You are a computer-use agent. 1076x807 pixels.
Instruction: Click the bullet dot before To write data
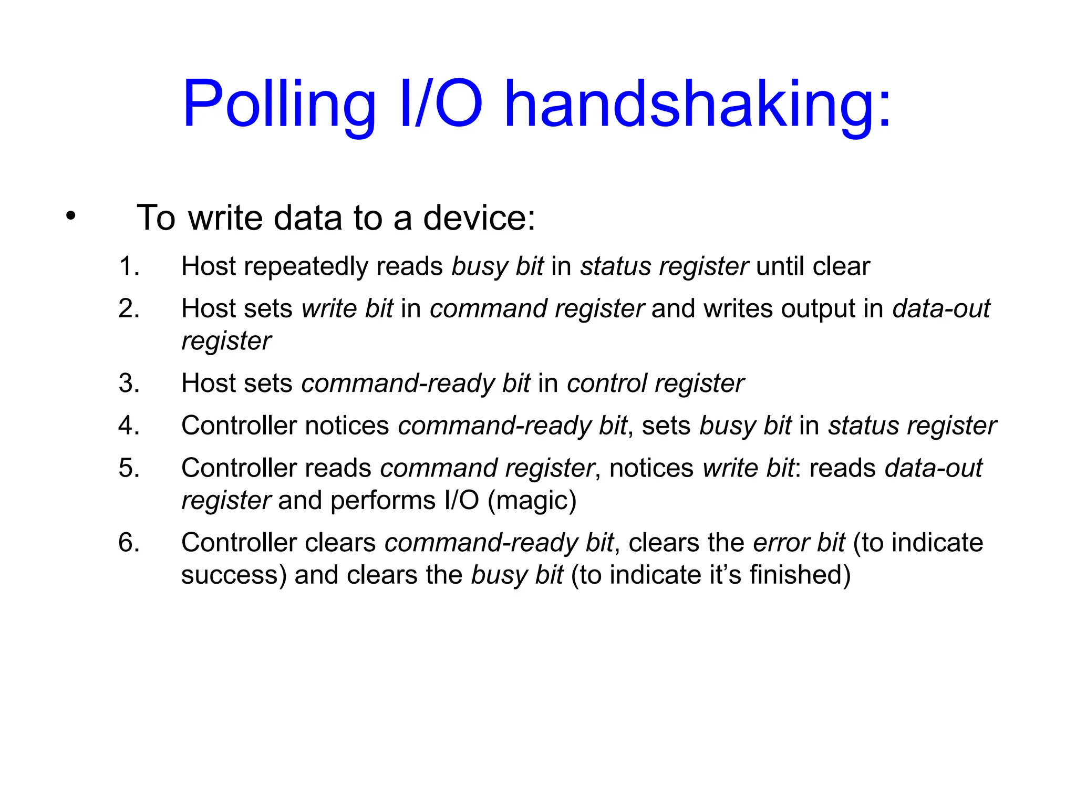point(71,215)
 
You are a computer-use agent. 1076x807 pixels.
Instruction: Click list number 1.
point(129,266)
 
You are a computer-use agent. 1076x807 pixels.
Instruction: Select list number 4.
point(129,426)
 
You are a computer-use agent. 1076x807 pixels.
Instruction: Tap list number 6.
point(129,543)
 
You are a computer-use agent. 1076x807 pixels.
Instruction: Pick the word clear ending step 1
point(841,266)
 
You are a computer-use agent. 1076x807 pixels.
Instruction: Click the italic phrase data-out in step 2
point(941,308)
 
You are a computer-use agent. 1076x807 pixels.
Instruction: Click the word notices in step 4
point(347,426)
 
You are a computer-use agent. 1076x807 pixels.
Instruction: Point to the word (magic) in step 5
point(532,501)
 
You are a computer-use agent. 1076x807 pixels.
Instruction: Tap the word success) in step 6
point(234,575)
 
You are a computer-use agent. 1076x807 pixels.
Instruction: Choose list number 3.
point(129,384)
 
